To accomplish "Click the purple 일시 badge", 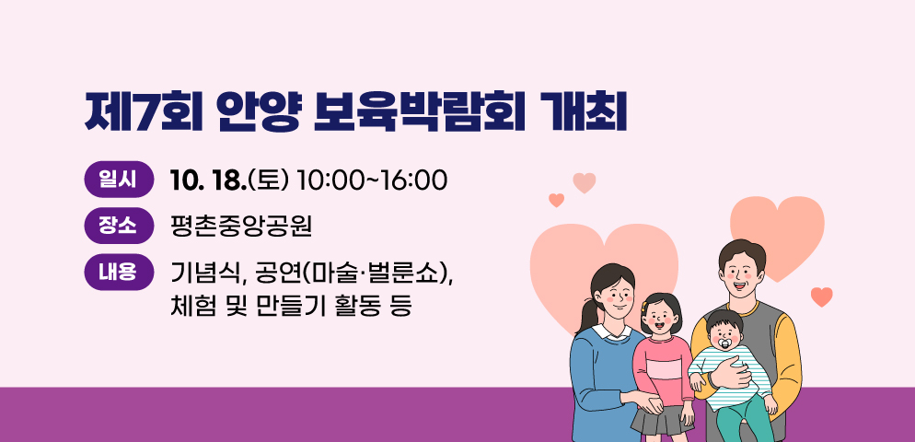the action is click(x=119, y=180).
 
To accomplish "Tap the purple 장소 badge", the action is click(x=119, y=226).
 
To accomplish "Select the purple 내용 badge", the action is click(x=119, y=272).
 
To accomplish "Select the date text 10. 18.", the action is click(x=209, y=180).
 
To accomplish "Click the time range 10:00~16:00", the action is click(x=372, y=180).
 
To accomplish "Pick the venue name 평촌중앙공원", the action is click(x=241, y=227).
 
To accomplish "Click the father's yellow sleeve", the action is click(x=789, y=357).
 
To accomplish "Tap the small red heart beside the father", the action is click(x=822, y=297).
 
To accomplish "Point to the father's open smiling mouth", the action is click(x=739, y=285).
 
